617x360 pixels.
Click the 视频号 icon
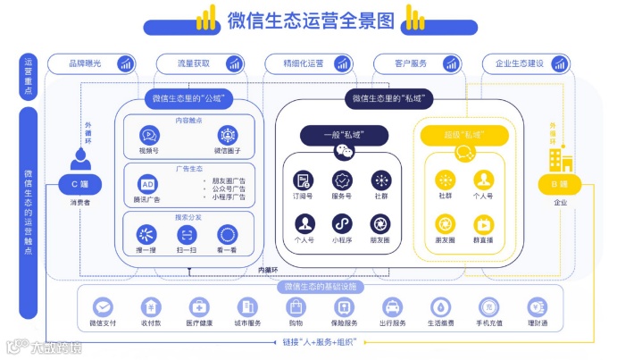(x=147, y=135)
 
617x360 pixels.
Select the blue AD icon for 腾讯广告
(x=147, y=182)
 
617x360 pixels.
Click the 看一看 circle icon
(x=228, y=234)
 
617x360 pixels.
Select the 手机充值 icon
(x=487, y=306)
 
